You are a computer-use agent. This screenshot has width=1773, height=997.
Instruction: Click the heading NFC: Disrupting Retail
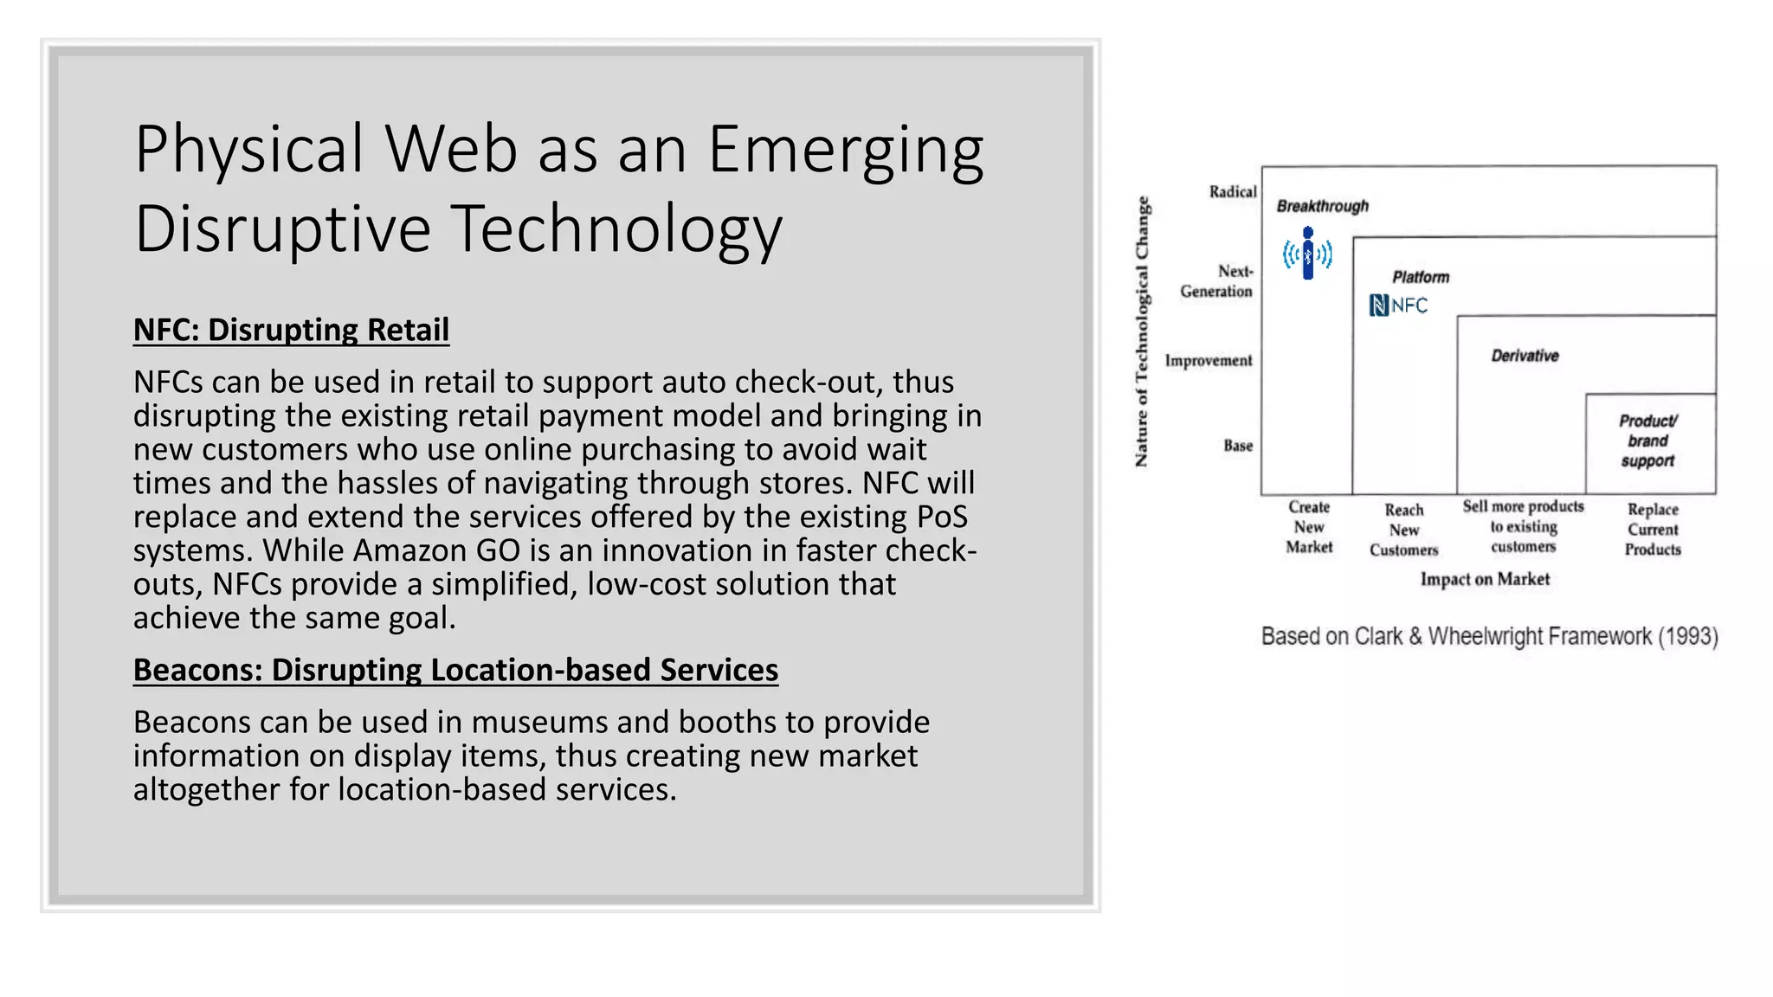291,330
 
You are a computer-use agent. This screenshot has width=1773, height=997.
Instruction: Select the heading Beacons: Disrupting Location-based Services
455,670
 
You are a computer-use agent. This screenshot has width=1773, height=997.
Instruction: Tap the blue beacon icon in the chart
1307,254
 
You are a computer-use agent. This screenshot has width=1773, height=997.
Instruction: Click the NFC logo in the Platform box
1398,306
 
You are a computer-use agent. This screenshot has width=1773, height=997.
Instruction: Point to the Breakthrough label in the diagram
1322,206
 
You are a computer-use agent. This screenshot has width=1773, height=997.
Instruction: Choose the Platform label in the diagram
1420,277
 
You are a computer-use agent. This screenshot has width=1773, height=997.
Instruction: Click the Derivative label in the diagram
1525,356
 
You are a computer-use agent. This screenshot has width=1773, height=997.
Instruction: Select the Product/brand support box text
1647,441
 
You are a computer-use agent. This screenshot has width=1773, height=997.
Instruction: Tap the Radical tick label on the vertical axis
1232,191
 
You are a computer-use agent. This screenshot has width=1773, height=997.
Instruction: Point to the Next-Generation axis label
1216,281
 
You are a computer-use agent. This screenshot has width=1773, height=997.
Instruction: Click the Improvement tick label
1208,360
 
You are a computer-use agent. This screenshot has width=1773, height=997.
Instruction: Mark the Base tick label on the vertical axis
1237,446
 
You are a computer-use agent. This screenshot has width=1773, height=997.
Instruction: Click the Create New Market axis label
1308,527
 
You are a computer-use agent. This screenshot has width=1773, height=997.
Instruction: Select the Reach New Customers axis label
1403,530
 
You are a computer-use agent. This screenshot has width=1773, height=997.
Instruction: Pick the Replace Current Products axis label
1652,529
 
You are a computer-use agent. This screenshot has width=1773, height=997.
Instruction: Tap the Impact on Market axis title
1484,579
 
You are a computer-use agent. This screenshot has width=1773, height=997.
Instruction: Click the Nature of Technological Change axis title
1142,331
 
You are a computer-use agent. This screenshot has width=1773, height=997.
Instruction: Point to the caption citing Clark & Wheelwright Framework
1489,637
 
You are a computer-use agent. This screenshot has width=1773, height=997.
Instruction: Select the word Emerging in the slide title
846,149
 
